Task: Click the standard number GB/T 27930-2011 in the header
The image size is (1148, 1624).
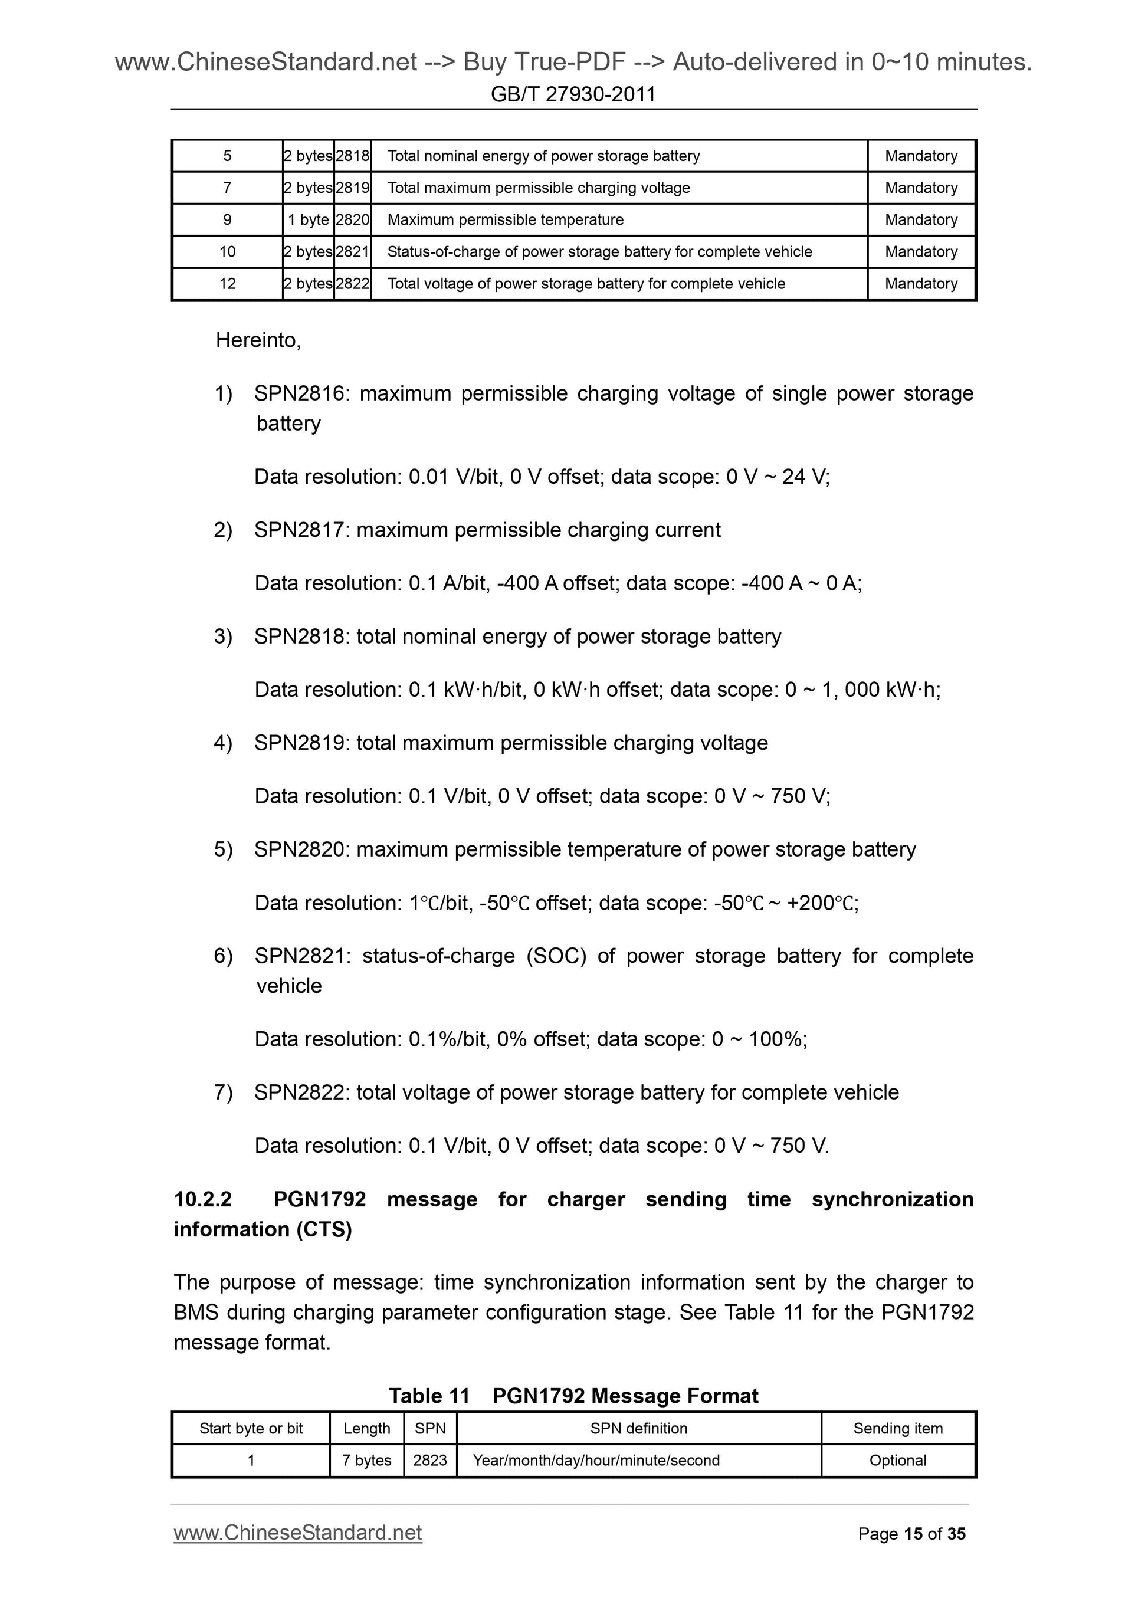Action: click(x=573, y=94)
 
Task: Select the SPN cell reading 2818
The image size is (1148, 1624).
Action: click(x=352, y=156)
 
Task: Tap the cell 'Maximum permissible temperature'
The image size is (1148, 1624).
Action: click(x=505, y=220)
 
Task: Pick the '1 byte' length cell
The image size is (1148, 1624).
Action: click(x=308, y=220)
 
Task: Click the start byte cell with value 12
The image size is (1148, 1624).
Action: click(x=227, y=284)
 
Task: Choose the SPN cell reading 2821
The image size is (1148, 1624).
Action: click(x=352, y=252)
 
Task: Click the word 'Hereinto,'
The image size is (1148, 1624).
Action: click(x=258, y=340)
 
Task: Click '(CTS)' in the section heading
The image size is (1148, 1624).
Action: click(x=323, y=1229)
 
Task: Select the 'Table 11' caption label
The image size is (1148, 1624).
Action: click(x=429, y=1396)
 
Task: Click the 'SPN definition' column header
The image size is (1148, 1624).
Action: click(x=638, y=1428)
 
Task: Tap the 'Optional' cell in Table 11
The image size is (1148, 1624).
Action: click(x=898, y=1460)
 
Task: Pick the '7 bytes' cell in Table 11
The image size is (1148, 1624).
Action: click(x=366, y=1460)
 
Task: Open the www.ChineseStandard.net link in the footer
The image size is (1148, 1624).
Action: click(x=298, y=1532)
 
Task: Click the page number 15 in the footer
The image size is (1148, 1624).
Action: click(x=913, y=1534)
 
